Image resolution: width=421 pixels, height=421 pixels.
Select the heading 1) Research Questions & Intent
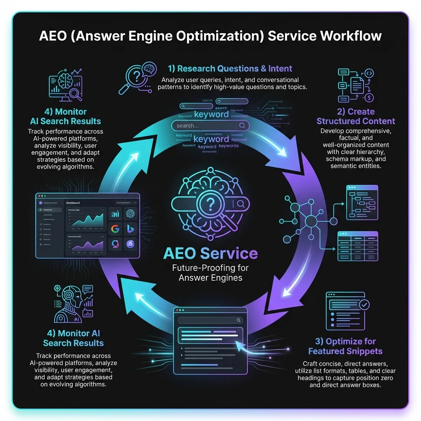(230, 69)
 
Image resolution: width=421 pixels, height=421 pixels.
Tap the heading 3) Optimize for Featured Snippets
(345, 346)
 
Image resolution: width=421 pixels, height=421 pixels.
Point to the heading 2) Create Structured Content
(356, 116)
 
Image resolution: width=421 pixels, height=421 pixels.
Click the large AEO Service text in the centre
(210, 253)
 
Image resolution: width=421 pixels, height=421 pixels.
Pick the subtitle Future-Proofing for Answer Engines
(210, 273)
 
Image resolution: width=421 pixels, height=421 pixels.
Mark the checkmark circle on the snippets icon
(364, 305)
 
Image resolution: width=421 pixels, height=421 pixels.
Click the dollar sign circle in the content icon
(369, 98)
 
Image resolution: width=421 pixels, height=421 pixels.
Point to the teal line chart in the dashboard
(85, 219)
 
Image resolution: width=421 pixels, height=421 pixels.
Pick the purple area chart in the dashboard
(85, 245)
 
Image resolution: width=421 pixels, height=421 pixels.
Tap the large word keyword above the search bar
(211, 115)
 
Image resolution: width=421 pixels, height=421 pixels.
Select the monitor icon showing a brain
(64, 87)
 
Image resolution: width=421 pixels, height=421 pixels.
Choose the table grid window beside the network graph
(357, 246)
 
